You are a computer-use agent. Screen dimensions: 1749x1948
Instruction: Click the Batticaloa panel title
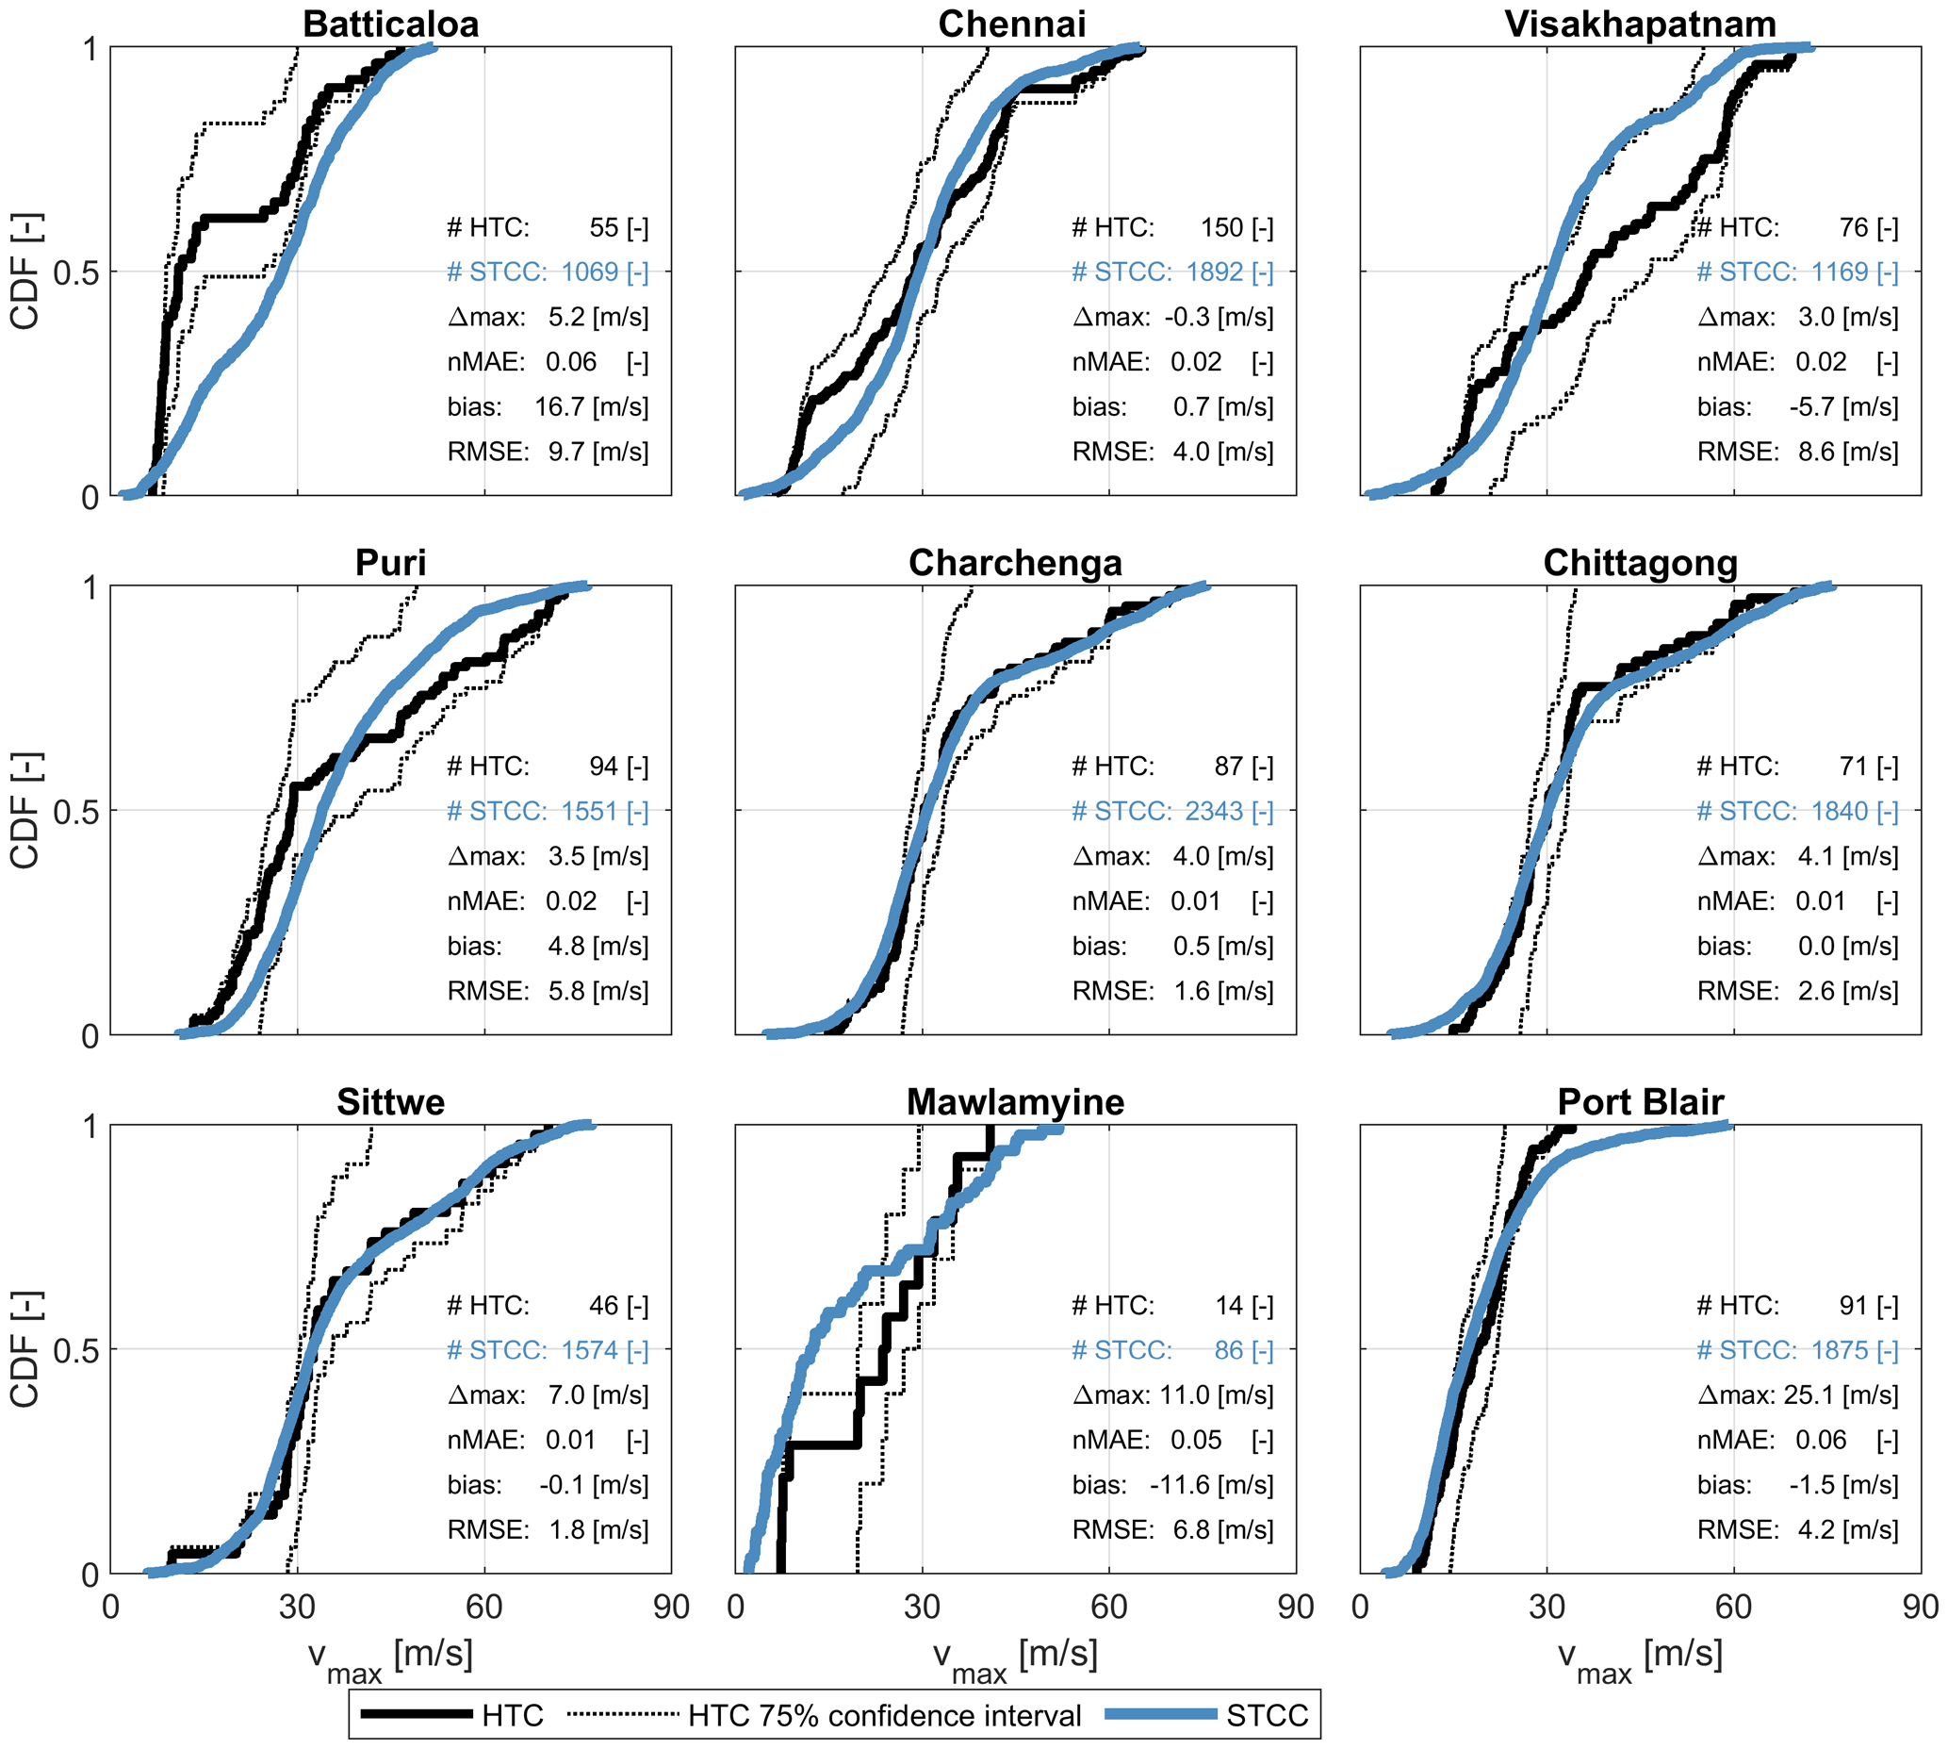[x=390, y=24]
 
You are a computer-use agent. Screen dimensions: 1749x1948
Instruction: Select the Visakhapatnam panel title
[x=1640, y=24]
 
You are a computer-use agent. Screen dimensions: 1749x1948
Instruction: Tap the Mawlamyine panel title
[x=1015, y=1101]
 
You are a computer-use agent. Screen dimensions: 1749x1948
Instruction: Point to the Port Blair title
[x=1640, y=1101]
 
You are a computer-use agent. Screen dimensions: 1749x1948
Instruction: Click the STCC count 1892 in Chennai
[x=1214, y=272]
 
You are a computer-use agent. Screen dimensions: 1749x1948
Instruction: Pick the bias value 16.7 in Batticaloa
[x=561, y=406]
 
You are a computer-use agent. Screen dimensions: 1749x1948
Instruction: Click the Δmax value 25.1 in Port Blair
[x=1809, y=1394]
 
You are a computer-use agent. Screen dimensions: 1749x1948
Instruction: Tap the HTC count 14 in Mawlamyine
[x=1229, y=1305]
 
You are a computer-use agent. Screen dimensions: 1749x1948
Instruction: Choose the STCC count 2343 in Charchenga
[x=1214, y=811]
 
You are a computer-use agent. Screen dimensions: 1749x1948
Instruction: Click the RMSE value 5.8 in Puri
[x=565, y=991]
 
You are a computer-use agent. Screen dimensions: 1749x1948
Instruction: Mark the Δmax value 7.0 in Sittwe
[x=565, y=1394]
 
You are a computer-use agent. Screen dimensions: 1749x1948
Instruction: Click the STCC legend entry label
[x=1267, y=1715]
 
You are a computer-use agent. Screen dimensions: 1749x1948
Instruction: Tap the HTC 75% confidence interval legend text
[x=884, y=1715]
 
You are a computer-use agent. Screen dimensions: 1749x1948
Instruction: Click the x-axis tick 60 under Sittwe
[x=483, y=1607]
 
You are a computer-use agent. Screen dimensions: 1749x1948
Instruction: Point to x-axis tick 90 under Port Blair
[x=1919, y=1607]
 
